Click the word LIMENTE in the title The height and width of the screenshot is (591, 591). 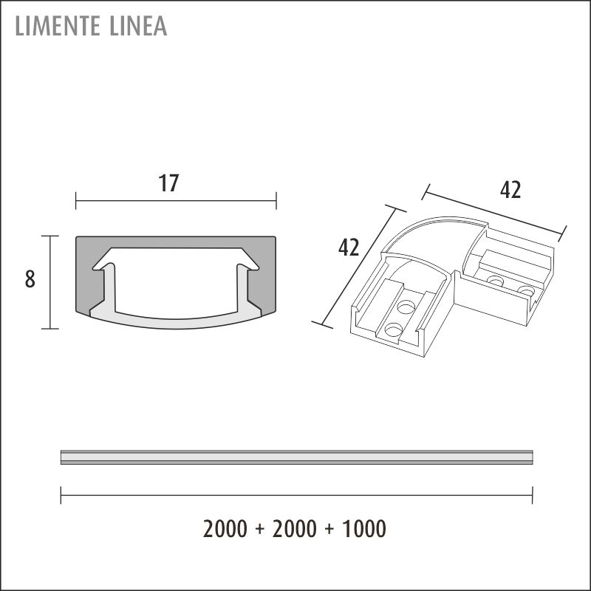point(58,26)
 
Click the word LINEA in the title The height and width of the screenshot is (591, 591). point(138,26)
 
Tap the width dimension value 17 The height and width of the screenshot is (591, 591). point(168,183)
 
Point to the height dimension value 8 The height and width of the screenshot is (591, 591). point(30,279)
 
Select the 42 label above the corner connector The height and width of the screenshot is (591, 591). point(510,190)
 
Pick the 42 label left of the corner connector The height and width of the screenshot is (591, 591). point(349,247)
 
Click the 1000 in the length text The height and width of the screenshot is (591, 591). point(363,528)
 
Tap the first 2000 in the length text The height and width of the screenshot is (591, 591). point(225,528)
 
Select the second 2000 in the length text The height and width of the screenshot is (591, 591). point(294,528)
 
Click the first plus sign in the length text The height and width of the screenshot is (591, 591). point(260,529)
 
